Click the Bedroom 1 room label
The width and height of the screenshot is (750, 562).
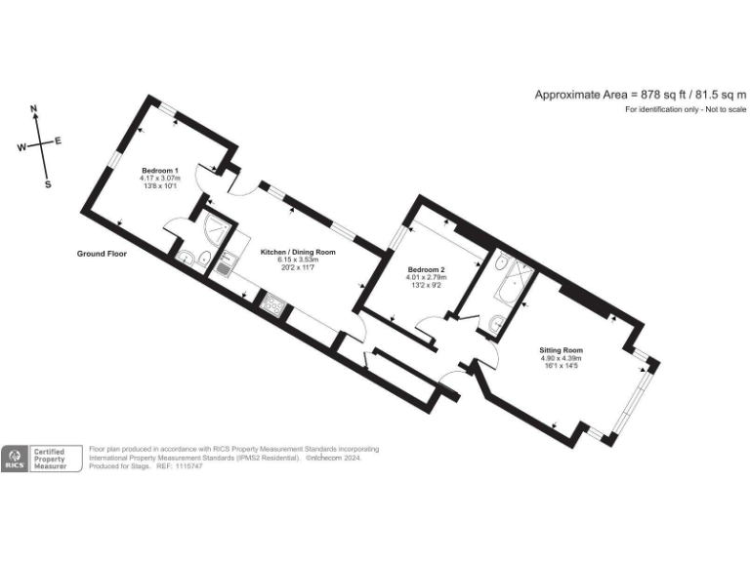160,170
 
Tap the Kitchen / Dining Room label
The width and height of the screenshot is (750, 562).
298,252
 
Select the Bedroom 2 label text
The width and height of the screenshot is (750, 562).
427,269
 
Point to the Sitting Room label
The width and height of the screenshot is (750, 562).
561,349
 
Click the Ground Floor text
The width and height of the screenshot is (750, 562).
103,254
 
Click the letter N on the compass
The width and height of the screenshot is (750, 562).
34,109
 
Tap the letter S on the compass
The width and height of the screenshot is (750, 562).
48,183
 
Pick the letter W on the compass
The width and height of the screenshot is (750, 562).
21,148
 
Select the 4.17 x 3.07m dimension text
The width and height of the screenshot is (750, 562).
160,178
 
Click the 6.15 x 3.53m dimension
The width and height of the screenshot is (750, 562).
298,260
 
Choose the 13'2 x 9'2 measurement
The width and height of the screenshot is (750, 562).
427,285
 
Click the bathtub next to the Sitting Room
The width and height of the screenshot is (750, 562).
508,279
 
